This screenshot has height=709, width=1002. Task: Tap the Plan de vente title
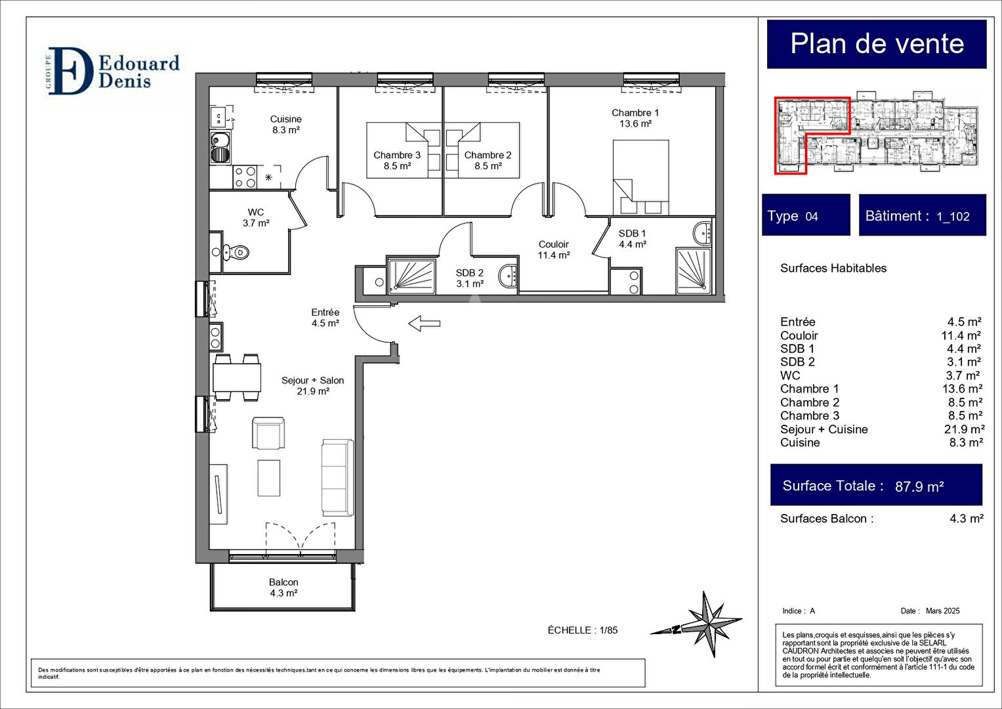pyautogui.click(x=877, y=44)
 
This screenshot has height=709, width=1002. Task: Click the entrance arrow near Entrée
pyautogui.click(x=424, y=323)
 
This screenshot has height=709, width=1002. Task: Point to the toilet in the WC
pyautogui.click(x=236, y=251)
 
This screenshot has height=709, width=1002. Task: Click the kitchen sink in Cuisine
pyautogui.click(x=220, y=148)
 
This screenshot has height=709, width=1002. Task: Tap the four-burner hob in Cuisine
pyautogui.click(x=245, y=177)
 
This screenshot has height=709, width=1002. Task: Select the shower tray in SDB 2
pyautogui.click(x=411, y=276)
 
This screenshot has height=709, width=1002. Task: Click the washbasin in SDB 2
pyautogui.click(x=508, y=276)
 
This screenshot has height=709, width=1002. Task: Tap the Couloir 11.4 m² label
pyautogui.click(x=553, y=249)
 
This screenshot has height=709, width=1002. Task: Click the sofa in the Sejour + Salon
pyautogui.click(x=337, y=477)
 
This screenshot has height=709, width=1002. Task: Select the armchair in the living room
pyautogui.click(x=268, y=433)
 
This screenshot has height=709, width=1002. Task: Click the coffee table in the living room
pyautogui.click(x=269, y=478)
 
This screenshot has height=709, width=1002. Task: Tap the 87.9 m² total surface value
pyautogui.click(x=919, y=486)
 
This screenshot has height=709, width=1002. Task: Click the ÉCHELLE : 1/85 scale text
pyautogui.click(x=582, y=630)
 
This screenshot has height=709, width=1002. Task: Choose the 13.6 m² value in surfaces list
pyautogui.click(x=962, y=389)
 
